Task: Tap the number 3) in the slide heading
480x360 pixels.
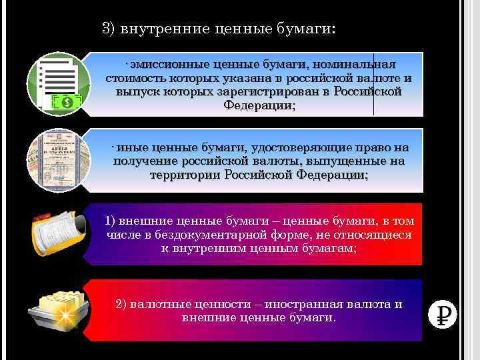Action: (109, 29)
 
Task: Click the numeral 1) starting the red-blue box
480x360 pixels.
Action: (111, 221)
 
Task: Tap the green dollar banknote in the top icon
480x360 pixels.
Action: (68, 102)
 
